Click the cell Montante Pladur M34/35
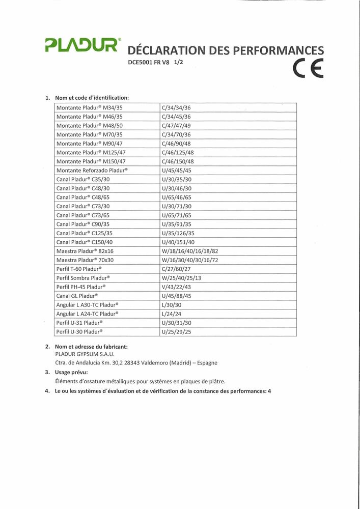coord(90,107)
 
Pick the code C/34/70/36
coord(176,134)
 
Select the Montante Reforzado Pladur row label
coord(92,170)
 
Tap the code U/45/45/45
coord(176,170)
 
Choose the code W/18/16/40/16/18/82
coord(189,251)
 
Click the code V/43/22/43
coord(176,287)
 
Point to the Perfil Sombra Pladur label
coord(83,278)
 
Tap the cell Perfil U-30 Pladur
coord(79,331)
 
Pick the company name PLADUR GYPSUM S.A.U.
coord(85,354)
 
